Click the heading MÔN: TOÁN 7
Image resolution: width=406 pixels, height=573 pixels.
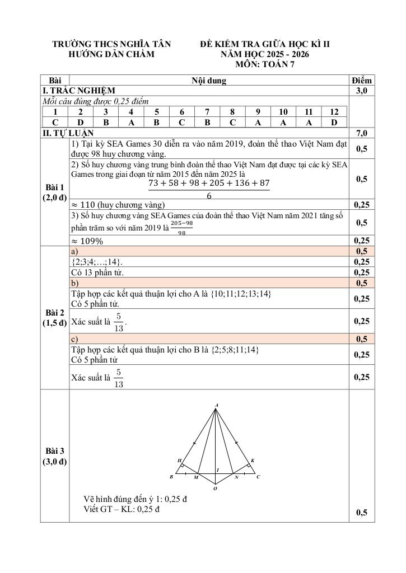[x=265, y=64]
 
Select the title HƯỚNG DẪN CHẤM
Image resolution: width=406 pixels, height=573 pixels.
[x=111, y=54]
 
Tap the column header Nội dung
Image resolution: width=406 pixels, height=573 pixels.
[x=208, y=81]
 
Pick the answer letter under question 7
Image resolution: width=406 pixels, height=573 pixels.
[x=207, y=122]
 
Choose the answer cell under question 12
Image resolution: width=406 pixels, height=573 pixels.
[x=334, y=122]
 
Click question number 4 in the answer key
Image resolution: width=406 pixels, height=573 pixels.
[x=131, y=112]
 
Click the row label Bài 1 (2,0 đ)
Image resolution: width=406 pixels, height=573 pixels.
[x=55, y=192]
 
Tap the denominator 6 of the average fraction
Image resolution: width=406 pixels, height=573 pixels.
[x=209, y=196]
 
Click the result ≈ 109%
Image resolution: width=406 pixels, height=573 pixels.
[x=88, y=241]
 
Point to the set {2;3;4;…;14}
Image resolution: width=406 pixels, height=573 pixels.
[x=97, y=262]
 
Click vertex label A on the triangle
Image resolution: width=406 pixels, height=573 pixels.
[x=216, y=404]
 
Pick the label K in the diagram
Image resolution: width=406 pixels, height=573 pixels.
[x=253, y=461]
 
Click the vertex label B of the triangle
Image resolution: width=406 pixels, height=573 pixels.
[x=171, y=477]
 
